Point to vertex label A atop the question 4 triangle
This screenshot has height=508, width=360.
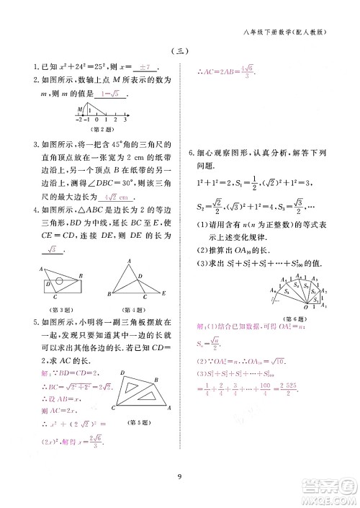pyautogui.click(x=128, y=261)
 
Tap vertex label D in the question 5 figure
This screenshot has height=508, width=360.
pyautogui.click(x=124, y=375)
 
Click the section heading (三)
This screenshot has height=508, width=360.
pyautogui.click(x=180, y=50)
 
